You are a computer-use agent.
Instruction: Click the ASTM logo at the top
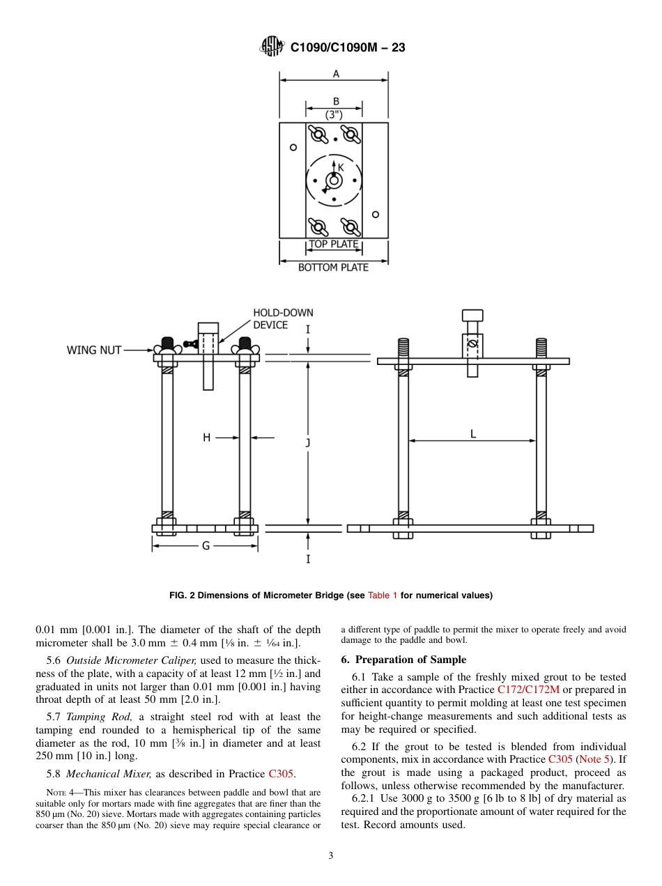[x=272, y=47]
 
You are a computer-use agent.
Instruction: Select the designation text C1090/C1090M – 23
[x=347, y=47]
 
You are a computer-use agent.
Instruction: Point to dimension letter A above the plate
[x=336, y=74]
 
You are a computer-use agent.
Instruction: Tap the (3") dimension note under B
[x=334, y=114]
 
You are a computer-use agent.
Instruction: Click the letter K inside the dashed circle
[x=341, y=167]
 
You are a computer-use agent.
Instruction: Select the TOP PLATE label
[x=334, y=244]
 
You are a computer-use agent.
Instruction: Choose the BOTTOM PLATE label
[x=333, y=267]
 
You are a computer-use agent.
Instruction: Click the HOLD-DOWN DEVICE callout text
[x=282, y=319]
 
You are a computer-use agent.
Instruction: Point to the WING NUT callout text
[x=94, y=350]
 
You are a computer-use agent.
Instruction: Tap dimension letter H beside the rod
[x=206, y=437]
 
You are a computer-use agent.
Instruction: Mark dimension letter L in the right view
[x=473, y=434]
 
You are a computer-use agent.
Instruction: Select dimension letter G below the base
[x=206, y=546]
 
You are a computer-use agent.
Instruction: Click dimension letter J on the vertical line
[x=308, y=442]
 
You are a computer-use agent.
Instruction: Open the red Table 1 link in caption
[x=383, y=596]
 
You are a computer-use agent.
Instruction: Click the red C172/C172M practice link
[x=530, y=690]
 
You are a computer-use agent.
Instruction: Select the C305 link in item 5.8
[x=281, y=773]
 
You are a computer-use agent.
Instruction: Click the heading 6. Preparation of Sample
[x=403, y=660]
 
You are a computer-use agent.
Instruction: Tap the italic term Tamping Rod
[x=98, y=717]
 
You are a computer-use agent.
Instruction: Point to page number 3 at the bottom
[x=331, y=856]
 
